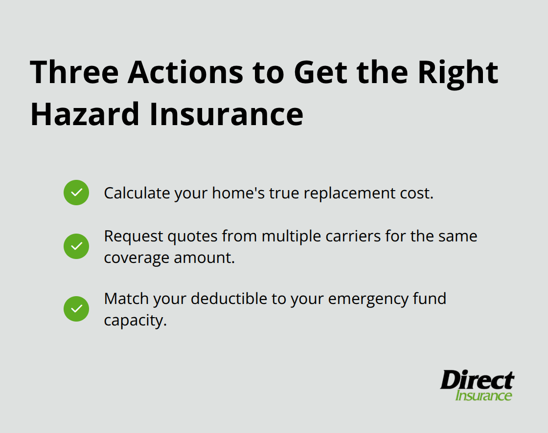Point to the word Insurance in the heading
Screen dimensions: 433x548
[226, 114]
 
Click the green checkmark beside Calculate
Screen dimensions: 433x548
[76, 193]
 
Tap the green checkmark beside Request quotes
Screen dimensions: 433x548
[76, 246]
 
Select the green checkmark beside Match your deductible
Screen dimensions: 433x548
[76, 309]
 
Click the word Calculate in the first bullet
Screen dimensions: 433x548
[131, 193]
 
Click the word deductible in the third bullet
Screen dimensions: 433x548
[229, 299]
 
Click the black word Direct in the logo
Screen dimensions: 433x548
[477, 380]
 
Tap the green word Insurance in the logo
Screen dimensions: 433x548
[483, 395]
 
